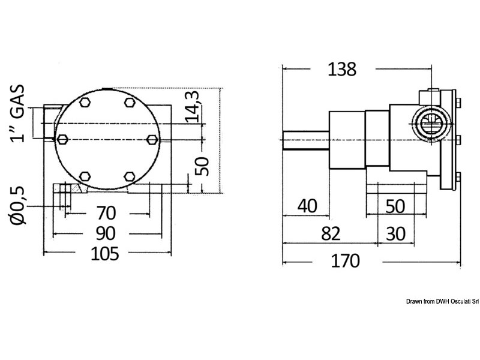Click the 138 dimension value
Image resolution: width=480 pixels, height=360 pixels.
[342, 69]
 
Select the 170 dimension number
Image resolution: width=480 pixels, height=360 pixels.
[346, 261]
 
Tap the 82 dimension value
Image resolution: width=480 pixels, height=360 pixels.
[331, 234]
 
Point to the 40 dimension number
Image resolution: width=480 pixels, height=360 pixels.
[307, 206]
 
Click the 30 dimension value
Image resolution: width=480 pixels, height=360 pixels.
[396, 234]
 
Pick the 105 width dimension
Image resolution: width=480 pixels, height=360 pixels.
[104, 254]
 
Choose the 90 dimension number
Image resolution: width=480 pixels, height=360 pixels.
[106, 233]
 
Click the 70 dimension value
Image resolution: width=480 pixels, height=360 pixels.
[106, 213]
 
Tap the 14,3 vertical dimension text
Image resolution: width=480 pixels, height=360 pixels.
[192, 107]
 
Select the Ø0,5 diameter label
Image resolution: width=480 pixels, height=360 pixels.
[17, 205]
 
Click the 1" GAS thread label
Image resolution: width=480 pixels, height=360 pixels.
[17, 113]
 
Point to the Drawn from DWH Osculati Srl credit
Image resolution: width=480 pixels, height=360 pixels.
[443, 302]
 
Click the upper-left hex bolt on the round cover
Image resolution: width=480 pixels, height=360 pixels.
[85, 102]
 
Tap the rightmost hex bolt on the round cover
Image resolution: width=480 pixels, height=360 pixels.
[152, 140]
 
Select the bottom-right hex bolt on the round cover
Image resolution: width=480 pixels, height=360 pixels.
[130, 176]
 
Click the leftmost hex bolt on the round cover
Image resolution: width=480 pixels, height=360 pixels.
[62, 139]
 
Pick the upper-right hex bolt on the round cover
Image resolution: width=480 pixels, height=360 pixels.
[130, 102]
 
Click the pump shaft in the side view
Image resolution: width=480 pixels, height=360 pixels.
[306, 140]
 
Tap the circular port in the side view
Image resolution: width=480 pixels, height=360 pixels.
[431, 124]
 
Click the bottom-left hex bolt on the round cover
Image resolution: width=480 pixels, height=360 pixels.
[85, 176]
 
